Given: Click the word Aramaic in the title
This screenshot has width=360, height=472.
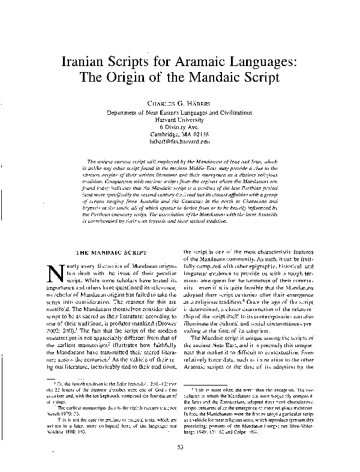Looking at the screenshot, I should (x=210, y=62).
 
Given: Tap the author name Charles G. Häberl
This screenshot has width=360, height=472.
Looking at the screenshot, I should (x=180, y=103).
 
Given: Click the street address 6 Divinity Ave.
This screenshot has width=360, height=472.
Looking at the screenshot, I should (x=180, y=127).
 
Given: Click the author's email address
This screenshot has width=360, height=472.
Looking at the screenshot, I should (x=180, y=142).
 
